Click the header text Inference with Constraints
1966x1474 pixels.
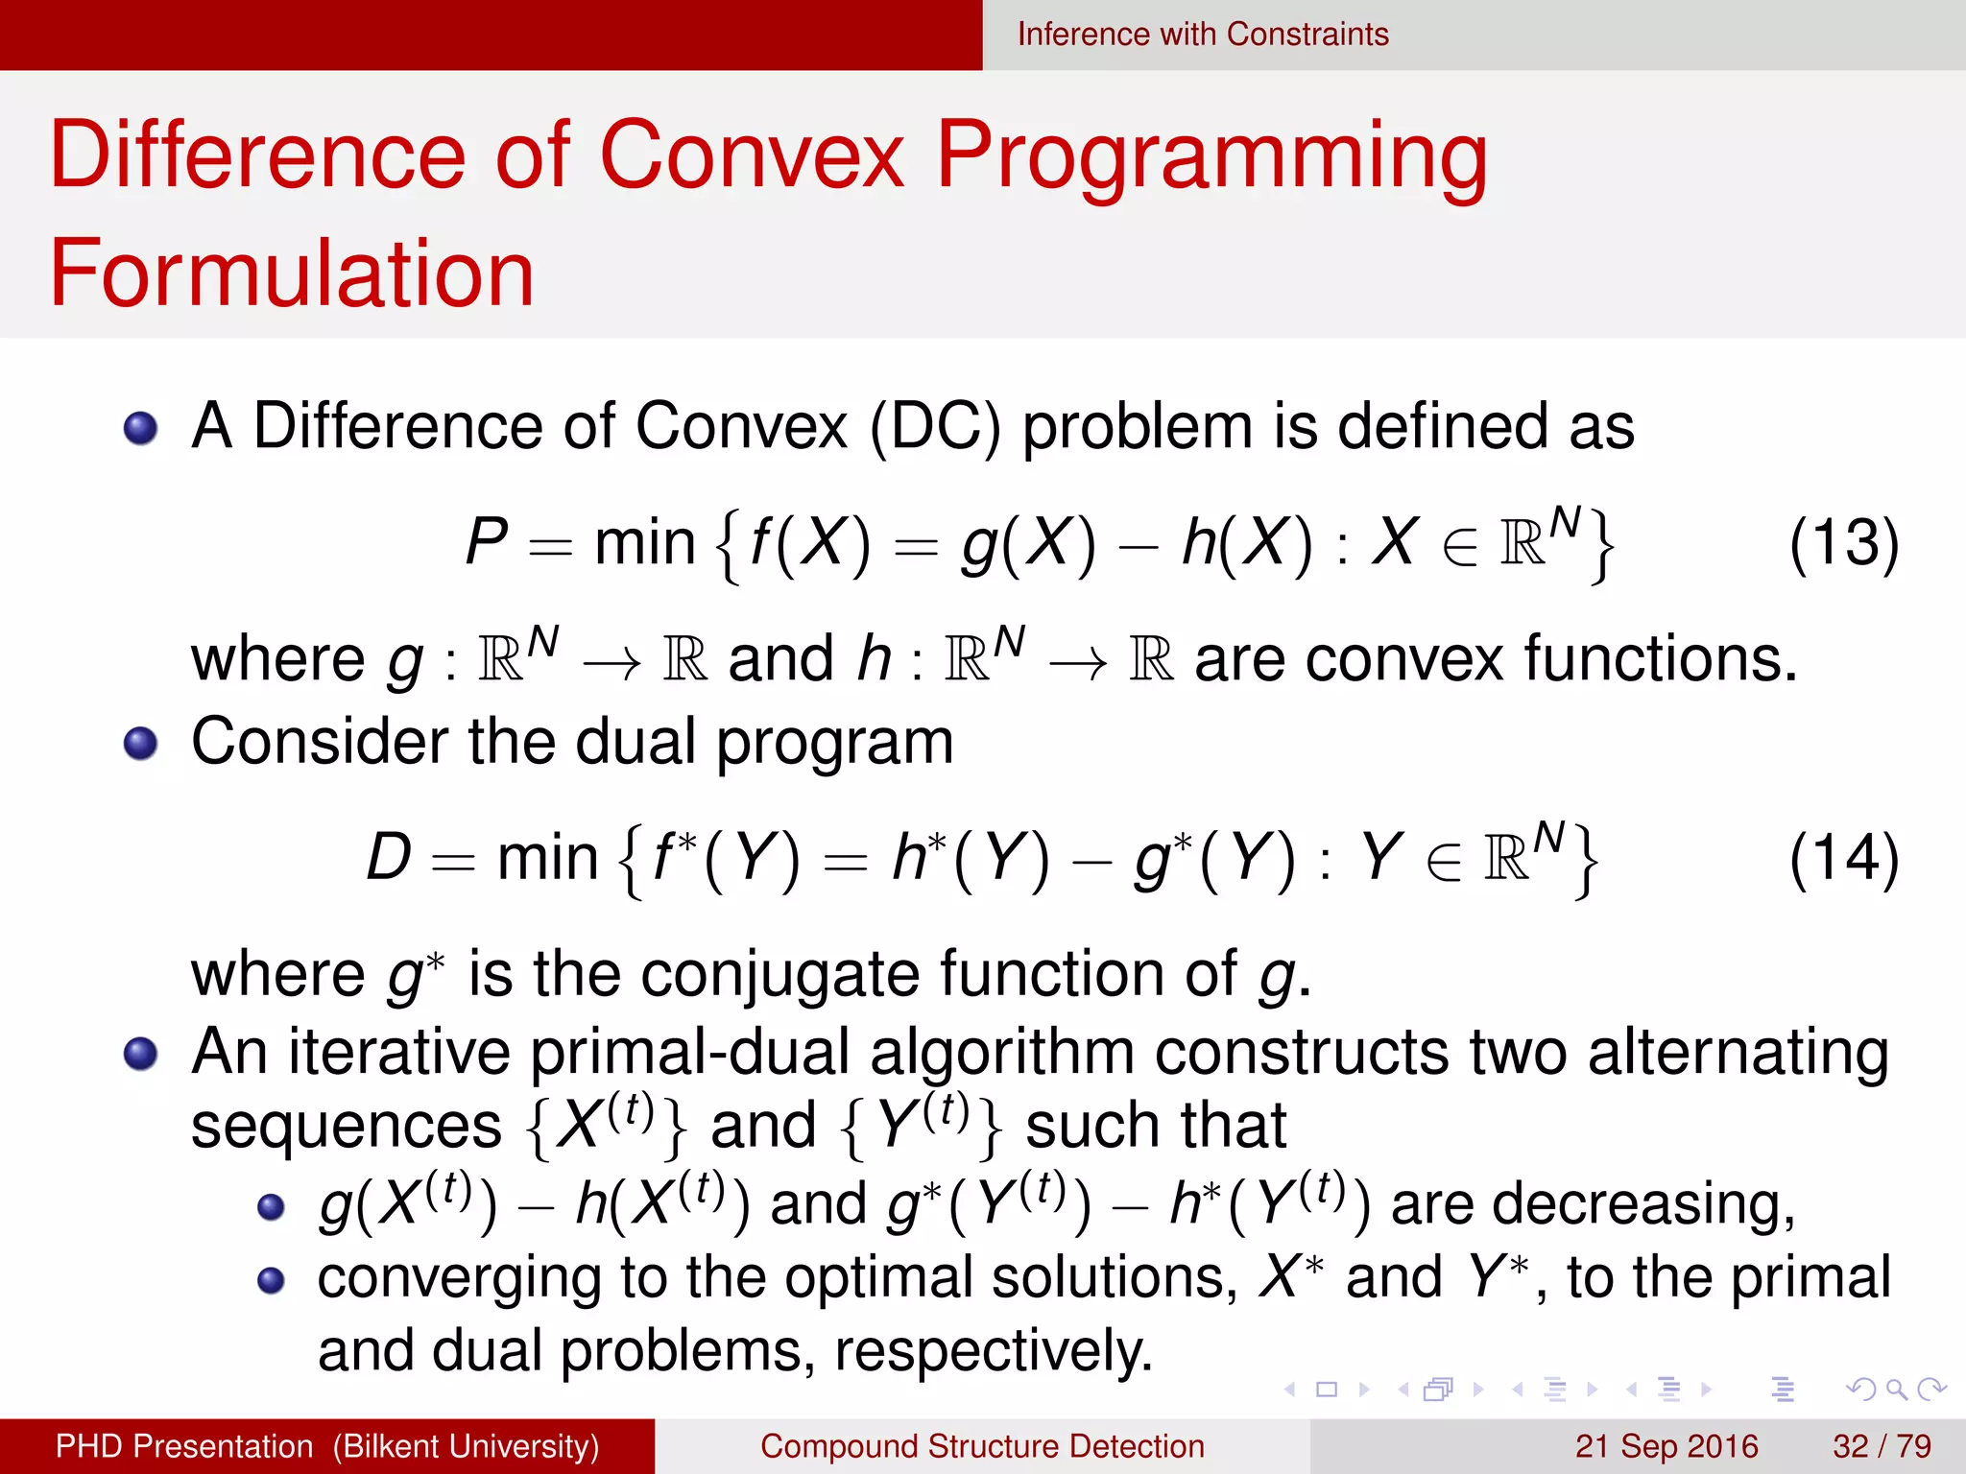[x=1202, y=35]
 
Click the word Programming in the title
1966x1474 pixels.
[x=1211, y=156]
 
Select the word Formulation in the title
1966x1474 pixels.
[x=292, y=274]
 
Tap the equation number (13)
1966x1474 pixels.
[x=1843, y=543]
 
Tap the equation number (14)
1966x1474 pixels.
[x=1843, y=858]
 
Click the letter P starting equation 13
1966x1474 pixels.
[x=487, y=542]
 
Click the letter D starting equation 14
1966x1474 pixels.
[x=389, y=857]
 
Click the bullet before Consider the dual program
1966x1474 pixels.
[x=141, y=743]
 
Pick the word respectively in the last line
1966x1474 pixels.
[x=993, y=1351]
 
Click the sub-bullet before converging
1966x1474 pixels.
[x=272, y=1280]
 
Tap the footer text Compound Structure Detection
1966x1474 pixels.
[x=982, y=1446]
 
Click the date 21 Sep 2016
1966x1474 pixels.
[x=1666, y=1446]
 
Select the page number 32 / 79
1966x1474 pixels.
[x=1881, y=1446]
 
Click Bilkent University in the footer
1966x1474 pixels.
[x=466, y=1446]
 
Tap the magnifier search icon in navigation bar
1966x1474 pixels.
[x=1896, y=1390]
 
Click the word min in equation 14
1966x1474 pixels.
[x=547, y=858]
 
